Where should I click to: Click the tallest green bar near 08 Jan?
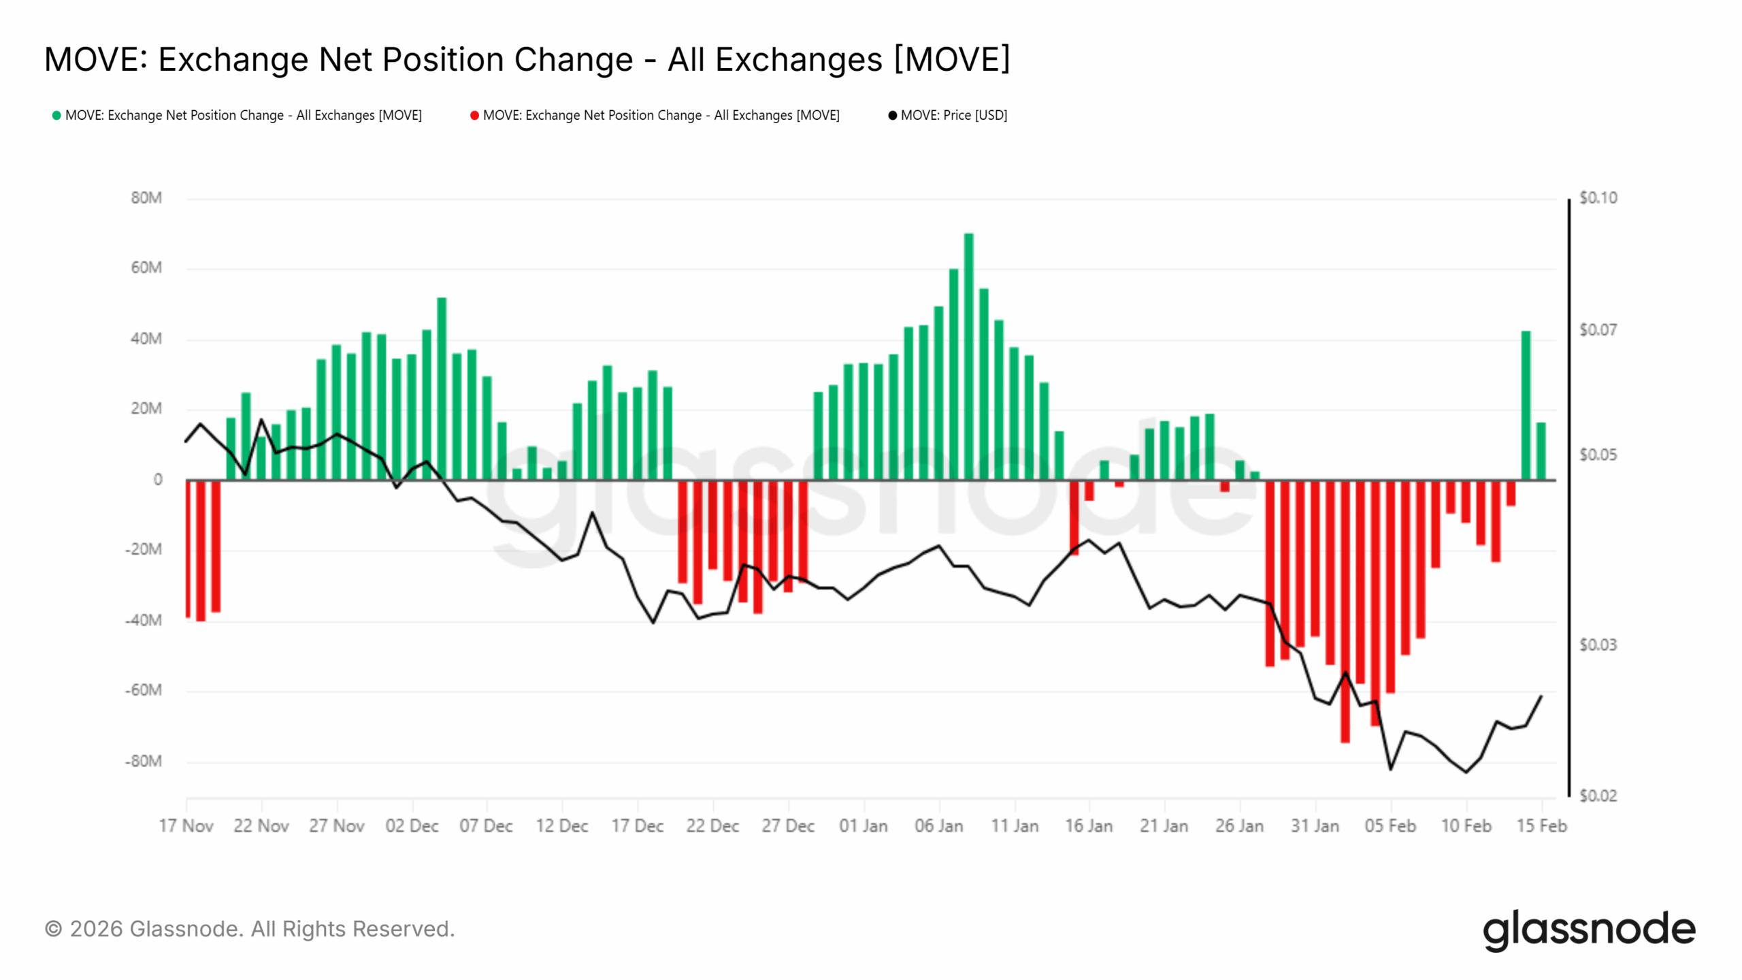968,357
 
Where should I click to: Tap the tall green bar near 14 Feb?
1526,406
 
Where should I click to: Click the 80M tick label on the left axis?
146,198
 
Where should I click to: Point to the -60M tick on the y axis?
144,691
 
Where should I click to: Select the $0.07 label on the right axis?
1598,330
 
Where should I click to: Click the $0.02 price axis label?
1598,796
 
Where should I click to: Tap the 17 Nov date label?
186,826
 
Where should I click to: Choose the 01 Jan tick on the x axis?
863,826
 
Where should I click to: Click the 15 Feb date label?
1541,826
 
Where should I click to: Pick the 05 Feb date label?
1390,826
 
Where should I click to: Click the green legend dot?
56,116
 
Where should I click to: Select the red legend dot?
474,116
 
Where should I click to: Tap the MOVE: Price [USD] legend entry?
953,116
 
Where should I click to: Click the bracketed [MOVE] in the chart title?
951,59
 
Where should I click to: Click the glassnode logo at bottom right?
1589,930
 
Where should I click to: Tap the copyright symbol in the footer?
53,930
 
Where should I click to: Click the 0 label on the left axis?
158,480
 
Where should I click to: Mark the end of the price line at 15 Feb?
1541,696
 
